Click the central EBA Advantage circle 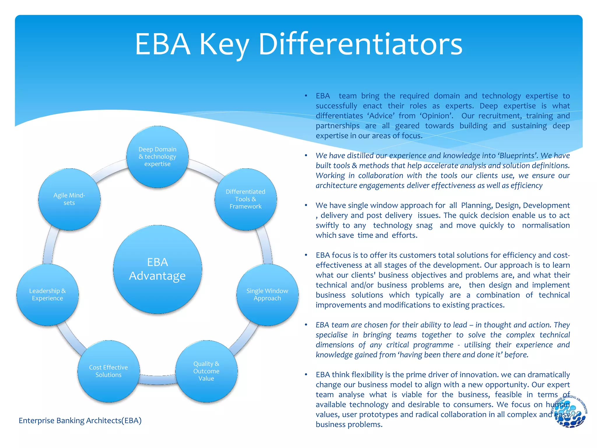coord(157,269)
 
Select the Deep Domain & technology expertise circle coord(157,157)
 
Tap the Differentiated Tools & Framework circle coord(245,199)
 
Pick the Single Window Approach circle coord(267,295)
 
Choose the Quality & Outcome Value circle coord(206,371)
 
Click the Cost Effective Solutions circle coord(108,371)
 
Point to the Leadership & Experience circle coord(48,295)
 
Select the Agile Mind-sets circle coord(69,199)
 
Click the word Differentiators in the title coord(360,44)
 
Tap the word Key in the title coord(224,44)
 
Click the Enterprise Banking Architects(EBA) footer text coord(80,420)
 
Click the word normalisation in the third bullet coord(546,225)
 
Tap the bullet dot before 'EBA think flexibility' coord(306,374)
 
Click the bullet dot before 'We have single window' coord(306,205)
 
